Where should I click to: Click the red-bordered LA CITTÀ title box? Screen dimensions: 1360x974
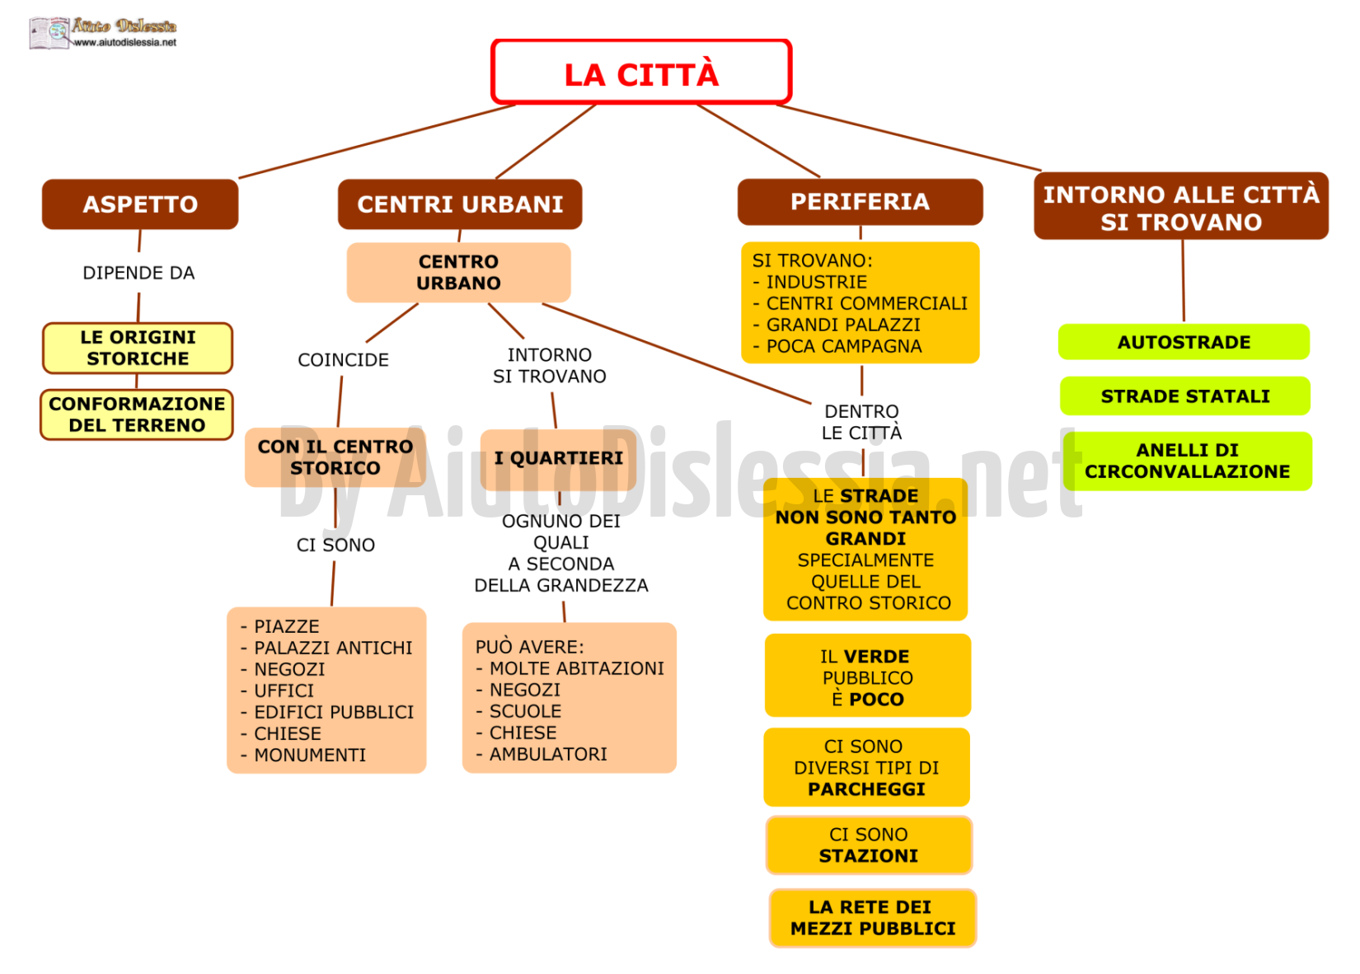pos(641,72)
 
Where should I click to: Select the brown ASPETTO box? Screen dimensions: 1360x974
pos(140,204)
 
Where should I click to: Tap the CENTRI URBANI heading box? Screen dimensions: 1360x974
pos(460,204)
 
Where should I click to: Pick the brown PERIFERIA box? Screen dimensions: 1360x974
pos(860,202)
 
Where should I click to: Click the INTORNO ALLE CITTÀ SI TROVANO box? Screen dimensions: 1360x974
pos(1181,206)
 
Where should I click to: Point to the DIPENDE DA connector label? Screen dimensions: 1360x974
pos(138,273)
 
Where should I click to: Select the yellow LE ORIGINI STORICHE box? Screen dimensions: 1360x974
pos(138,348)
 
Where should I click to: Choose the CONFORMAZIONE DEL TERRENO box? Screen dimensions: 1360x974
pos(137,414)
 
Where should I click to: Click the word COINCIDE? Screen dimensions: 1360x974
pos(343,360)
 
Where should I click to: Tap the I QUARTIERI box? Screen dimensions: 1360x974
pos(559,458)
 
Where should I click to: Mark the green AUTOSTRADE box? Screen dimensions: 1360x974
pos(1184,342)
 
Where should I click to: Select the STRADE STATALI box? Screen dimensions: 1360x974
pos(1185,396)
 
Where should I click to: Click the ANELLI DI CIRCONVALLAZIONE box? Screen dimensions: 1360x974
pos(1188,461)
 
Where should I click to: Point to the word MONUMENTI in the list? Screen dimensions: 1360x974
pos(310,755)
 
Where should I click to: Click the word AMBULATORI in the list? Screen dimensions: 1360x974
pos(548,754)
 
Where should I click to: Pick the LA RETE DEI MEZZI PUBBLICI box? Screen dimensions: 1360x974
pos(873,918)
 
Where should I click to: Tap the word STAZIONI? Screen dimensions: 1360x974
pos(868,855)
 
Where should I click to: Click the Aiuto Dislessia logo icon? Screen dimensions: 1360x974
pos(49,33)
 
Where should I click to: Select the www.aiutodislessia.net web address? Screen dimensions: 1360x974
pos(125,43)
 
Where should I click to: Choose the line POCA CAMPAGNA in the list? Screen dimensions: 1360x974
pos(837,346)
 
